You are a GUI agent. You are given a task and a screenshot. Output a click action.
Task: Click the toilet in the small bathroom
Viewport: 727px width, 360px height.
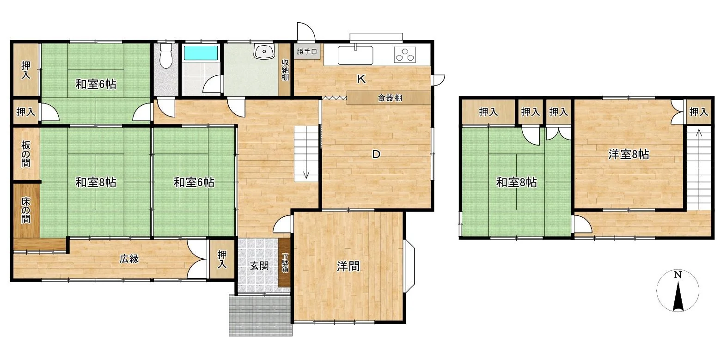[166, 56]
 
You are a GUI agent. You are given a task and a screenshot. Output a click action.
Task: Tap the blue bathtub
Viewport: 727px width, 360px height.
[201, 53]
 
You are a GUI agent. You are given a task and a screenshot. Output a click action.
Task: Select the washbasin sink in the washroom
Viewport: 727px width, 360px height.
[264, 52]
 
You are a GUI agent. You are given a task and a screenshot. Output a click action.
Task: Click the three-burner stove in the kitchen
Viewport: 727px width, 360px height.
[405, 55]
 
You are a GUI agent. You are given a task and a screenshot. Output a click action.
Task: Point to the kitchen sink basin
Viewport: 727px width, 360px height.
[355, 55]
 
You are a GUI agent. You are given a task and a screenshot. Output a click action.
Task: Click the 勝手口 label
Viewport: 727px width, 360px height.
[307, 52]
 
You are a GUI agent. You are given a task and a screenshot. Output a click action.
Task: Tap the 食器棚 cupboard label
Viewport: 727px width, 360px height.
[390, 98]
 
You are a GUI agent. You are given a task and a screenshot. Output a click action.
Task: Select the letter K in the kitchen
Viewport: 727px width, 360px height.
[361, 79]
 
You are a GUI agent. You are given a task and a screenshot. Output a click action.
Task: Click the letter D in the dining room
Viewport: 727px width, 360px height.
[376, 154]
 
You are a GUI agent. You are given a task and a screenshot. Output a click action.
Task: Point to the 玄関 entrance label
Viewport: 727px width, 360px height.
[259, 266]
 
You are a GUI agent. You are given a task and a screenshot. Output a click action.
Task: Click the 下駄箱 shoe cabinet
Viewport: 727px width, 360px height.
[285, 263]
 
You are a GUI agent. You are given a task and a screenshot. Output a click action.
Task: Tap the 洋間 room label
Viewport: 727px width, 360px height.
[348, 267]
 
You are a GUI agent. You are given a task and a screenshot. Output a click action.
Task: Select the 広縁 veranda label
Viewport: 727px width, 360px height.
[129, 259]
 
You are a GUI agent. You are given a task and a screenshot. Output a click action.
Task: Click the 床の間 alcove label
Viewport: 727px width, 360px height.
[25, 210]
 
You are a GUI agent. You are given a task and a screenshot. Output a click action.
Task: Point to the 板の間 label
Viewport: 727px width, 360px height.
[25, 154]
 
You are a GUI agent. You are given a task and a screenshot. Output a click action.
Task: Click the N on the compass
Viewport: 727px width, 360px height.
[678, 275]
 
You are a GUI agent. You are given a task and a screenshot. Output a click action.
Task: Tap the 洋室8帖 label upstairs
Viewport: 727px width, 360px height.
[629, 154]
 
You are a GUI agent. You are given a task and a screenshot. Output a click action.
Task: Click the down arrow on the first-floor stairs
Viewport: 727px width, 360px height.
[306, 175]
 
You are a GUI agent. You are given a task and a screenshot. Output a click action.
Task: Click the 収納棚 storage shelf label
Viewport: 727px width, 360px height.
[285, 70]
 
